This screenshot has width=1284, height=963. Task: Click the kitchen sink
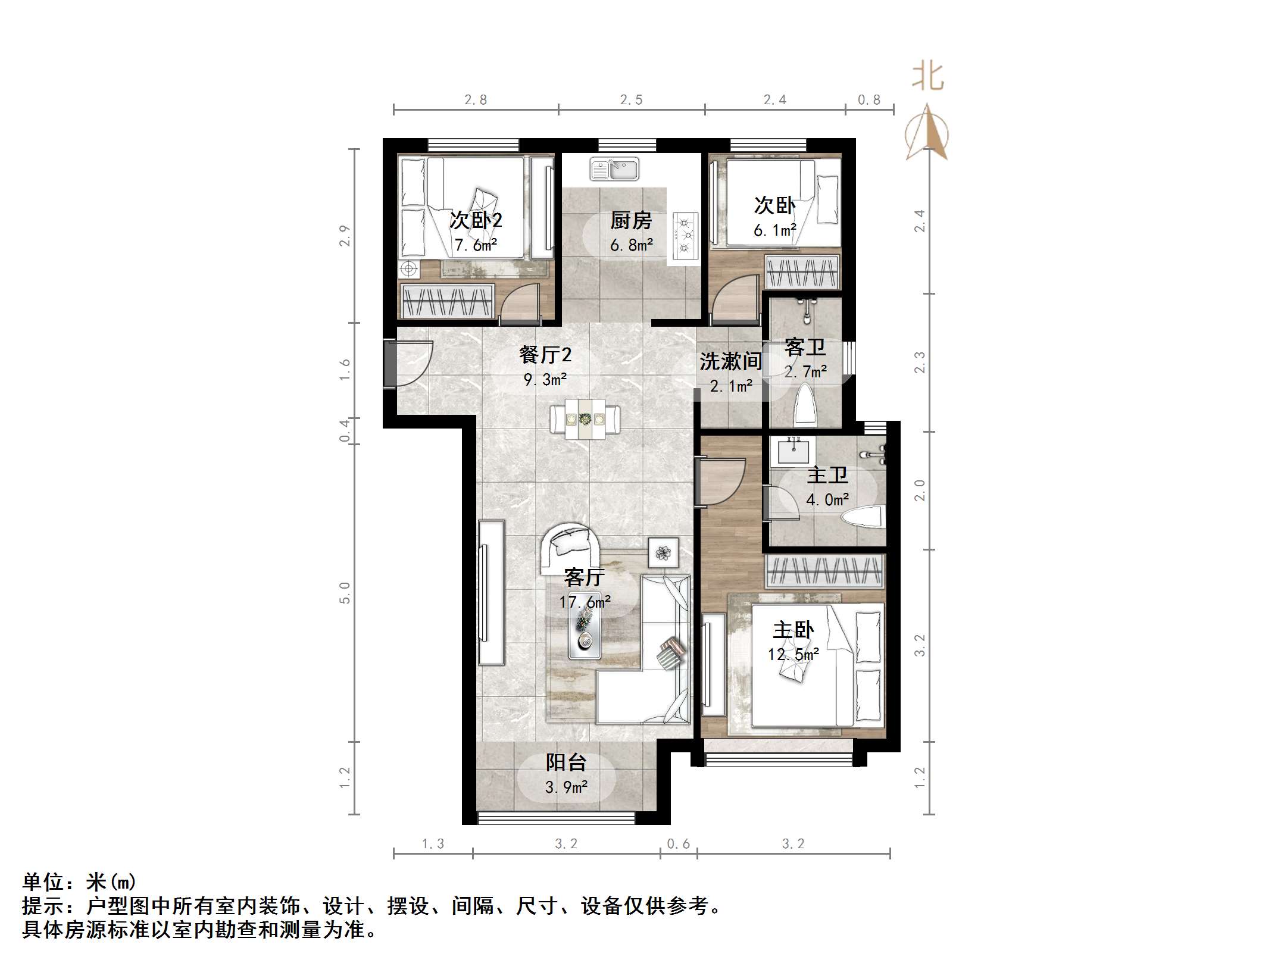point(614,169)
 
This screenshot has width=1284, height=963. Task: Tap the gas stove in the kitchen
point(685,236)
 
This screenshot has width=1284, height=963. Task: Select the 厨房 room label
point(631,221)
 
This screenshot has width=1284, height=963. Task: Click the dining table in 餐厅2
point(585,419)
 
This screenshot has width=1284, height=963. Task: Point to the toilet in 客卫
point(805,405)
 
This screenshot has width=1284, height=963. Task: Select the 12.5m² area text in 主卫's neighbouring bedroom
point(793,655)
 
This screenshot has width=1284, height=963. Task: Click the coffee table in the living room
point(584,634)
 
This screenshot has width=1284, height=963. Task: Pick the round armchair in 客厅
point(570,547)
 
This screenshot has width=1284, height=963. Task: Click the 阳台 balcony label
point(566,762)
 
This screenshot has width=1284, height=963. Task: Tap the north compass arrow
point(927,132)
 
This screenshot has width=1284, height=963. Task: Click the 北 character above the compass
point(927,77)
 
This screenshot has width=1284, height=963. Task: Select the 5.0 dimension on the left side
point(345,593)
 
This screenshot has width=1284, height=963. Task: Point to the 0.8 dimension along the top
point(869,100)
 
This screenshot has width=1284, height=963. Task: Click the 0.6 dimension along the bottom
point(678,844)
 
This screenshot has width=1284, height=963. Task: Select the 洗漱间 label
point(730,361)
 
